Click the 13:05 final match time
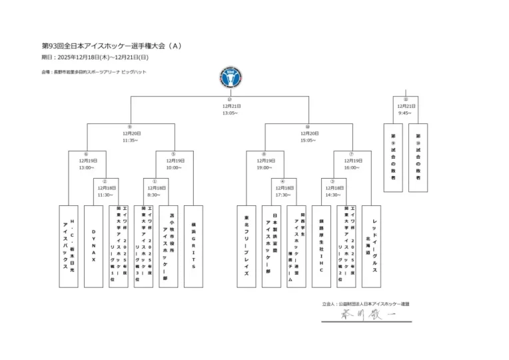[230, 113]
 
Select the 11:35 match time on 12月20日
[130, 141]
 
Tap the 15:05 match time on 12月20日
[308, 141]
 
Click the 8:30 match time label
[155, 195]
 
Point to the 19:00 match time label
[264, 168]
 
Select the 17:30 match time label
[283, 195]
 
